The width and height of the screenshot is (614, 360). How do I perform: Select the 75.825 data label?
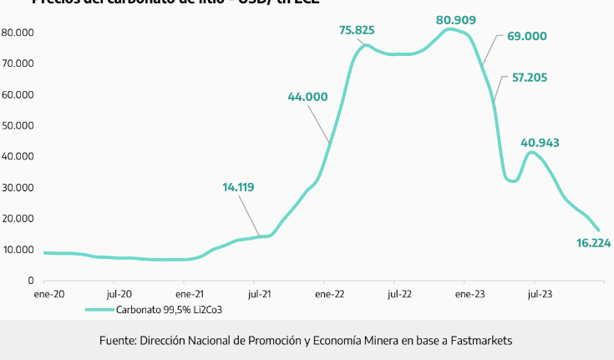click(x=357, y=30)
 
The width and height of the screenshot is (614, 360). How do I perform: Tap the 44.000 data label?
click(x=307, y=96)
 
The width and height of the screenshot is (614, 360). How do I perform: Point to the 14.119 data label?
click(x=243, y=187)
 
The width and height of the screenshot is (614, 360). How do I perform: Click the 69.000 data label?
click(x=526, y=36)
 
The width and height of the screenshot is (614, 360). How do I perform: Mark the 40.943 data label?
click(x=540, y=143)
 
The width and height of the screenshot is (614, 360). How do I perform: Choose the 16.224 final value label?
click(x=594, y=243)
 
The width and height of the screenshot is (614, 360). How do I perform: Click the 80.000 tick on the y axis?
click(x=17, y=33)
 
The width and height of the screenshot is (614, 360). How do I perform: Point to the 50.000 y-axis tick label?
click(x=17, y=125)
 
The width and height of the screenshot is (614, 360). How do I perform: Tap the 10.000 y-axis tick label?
click(x=17, y=250)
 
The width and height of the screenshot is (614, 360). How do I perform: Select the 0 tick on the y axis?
click(x=30, y=281)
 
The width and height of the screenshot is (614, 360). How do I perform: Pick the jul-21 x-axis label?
click(x=259, y=294)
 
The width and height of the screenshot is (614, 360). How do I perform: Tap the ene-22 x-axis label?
click(x=330, y=294)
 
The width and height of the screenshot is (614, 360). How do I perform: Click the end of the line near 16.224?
click(x=598, y=230)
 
